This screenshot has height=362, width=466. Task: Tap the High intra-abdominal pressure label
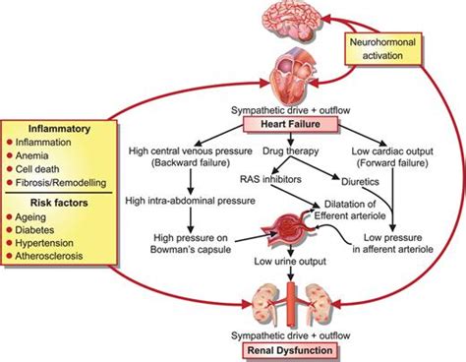(x=193, y=201)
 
